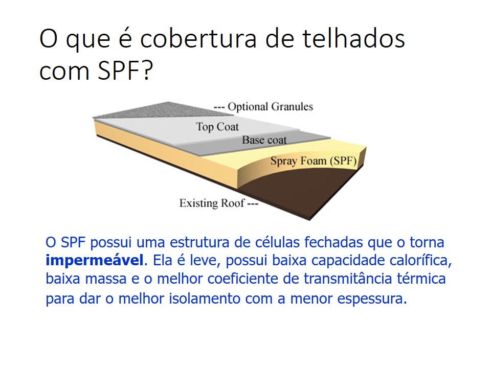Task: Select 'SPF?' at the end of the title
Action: click(125, 71)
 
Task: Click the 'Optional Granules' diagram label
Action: click(270, 107)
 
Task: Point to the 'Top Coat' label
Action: click(217, 127)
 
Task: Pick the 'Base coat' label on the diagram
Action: click(264, 140)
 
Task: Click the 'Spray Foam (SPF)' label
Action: click(314, 161)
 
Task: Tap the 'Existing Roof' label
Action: click(212, 203)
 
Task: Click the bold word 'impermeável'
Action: click(95, 261)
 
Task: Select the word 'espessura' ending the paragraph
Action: click(372, 299)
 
